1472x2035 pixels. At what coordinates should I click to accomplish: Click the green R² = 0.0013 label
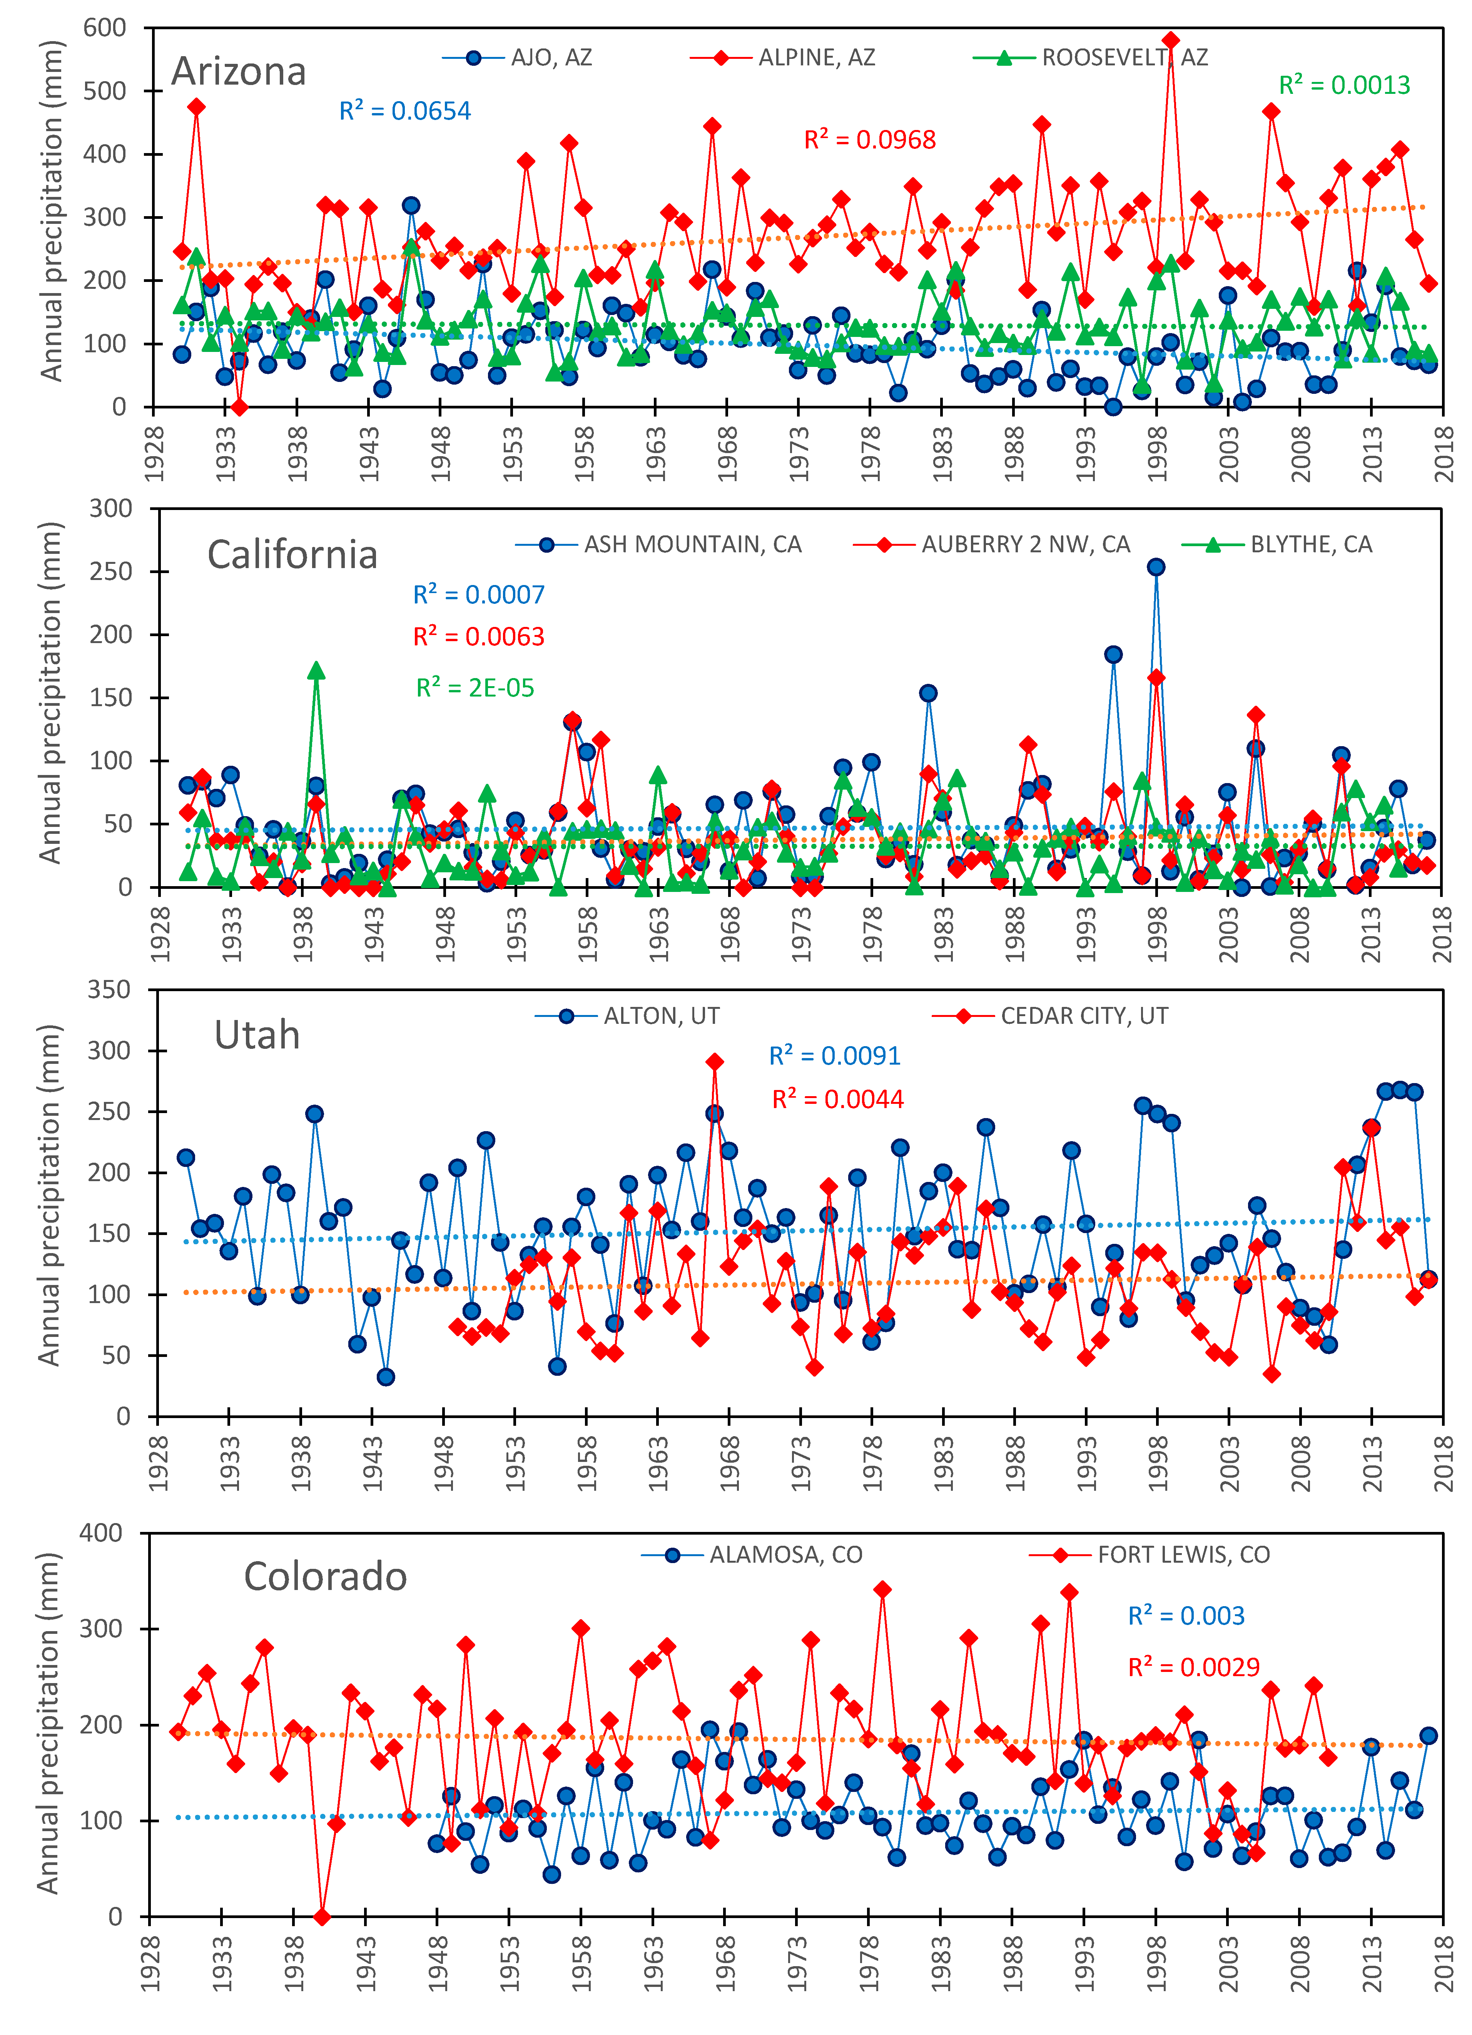(x=1343, y=85)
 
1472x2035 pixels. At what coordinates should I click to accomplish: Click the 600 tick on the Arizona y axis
(x=105, y=28)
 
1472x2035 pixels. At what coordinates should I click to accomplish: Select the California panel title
(x=292, y=555)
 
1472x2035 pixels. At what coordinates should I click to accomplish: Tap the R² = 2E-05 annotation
(x=475, y=688)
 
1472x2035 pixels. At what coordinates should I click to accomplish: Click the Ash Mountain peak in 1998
(x=1156, y=567)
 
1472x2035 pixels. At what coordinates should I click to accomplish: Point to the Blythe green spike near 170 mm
(x=316, y=670)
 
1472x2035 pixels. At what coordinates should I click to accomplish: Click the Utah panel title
(x=257, y=1035)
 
